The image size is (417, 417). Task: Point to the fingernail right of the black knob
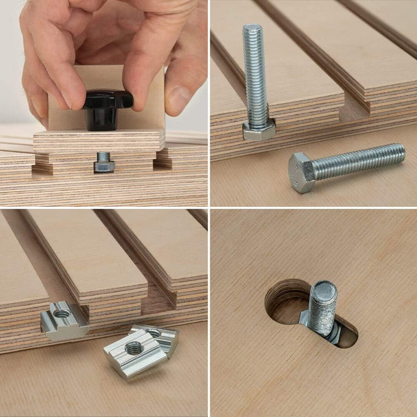click(x=181, y=100)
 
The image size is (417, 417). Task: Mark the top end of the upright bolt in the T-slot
click(x=253, y=29)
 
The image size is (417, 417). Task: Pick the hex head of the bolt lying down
click(x=301, y=173)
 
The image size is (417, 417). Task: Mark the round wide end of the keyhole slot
click(x=287, y=301)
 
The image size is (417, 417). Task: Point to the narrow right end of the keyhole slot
click(x=350, y=336)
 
